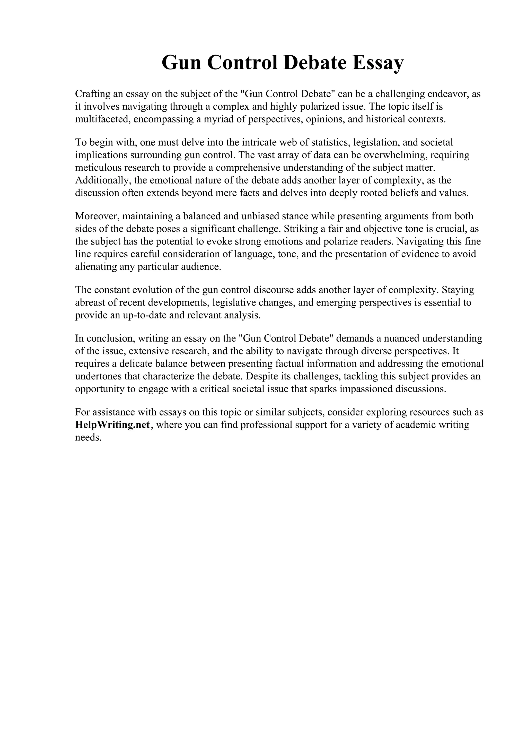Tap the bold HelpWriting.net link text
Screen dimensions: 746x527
[x=112, y=425]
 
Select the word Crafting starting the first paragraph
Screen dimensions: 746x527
[x=93, y=94]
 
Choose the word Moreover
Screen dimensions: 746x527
[x=97, y=216]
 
